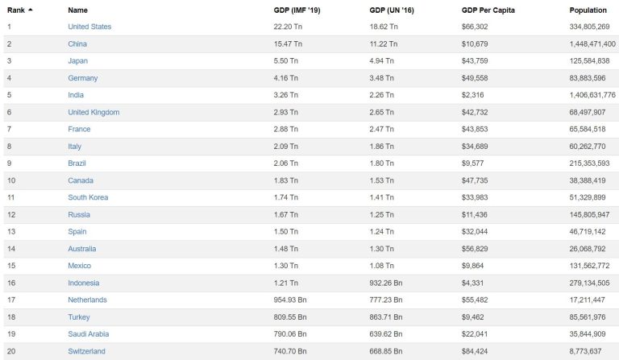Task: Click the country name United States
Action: coord(89,27)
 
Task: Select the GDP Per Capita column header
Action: coord(488,10)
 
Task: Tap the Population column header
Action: coord(588,10)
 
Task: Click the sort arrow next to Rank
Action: coord(31,10)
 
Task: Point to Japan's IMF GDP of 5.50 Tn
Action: coord(286,60)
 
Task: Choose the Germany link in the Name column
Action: coord(83,78)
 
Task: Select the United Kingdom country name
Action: coord(93,112)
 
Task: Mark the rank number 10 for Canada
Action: coord(11,180)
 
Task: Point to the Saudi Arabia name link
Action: coord(89,334)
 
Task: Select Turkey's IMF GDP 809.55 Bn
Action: coord(291,317)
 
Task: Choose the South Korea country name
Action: coord(89,197)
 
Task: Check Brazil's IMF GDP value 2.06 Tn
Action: coord(286,163)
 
